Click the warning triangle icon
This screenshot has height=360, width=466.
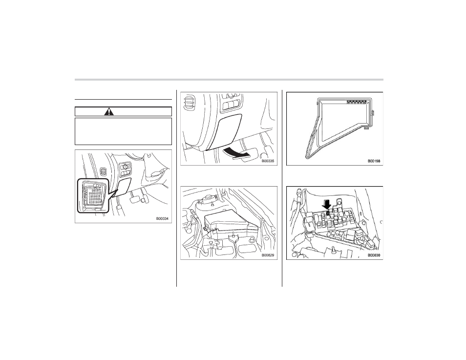[110, 111]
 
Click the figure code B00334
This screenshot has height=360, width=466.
[162, 219]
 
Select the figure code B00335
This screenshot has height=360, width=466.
[268, 161]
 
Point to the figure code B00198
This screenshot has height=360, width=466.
[374, 161]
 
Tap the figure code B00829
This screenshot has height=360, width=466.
[268, 255]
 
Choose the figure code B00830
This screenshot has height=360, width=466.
[374, 255]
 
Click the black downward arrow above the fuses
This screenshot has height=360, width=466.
[327, 205]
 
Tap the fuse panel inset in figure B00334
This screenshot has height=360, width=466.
[93, 195]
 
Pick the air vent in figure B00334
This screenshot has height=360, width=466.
[103, 171]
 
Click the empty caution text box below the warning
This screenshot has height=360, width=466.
[123, 131]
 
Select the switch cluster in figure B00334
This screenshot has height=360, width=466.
[126, 170]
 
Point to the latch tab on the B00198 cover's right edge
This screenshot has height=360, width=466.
[373, 112]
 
